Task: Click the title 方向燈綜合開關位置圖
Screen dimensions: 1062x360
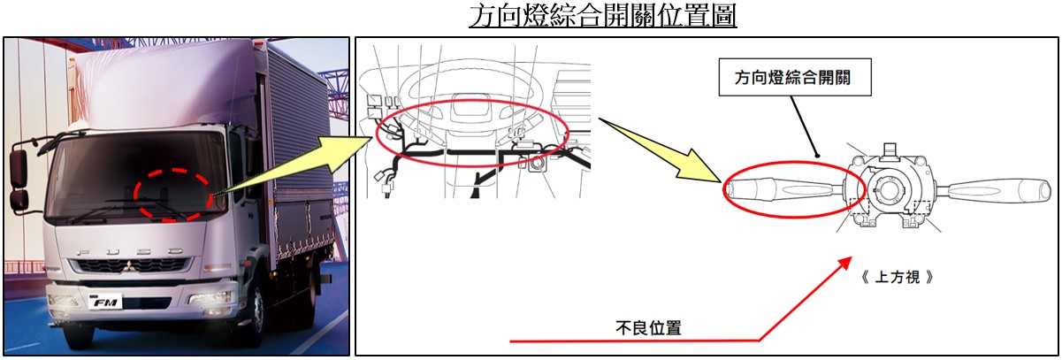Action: coord(602,16)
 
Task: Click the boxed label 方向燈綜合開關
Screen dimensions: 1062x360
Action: coord(795,77)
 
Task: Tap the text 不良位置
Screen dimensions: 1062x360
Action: coord(648,328)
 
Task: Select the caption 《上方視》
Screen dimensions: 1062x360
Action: coord(897,277)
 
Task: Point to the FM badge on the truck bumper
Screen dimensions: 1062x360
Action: coord(106,302)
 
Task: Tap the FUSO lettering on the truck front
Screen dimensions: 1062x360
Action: coord(129,251)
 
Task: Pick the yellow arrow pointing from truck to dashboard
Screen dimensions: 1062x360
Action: coord(294,166)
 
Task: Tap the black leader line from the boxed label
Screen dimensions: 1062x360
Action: coord(804,126)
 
